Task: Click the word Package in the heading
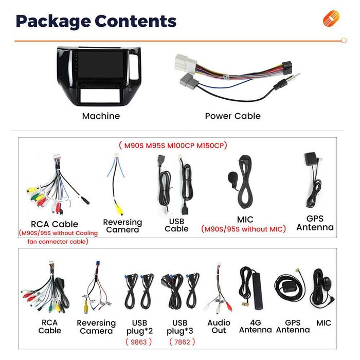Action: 53,22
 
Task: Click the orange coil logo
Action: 331,19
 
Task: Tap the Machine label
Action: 101,116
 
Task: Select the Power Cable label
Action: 233,116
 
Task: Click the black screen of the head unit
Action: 100,64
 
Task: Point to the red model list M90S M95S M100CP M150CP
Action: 173,146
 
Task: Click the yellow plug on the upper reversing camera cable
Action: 119,209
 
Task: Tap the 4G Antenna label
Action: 255,326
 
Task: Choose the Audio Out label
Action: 219,327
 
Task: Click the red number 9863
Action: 138,342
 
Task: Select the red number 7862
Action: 182,342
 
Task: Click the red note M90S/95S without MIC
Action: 243,229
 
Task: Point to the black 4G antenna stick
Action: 257,291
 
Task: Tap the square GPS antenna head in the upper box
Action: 311,158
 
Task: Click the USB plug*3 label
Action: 180,327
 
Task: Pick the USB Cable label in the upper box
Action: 176,225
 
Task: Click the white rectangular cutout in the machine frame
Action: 100,96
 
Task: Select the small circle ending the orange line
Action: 344,41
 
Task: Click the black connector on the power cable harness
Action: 287,67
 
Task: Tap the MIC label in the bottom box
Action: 323,323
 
